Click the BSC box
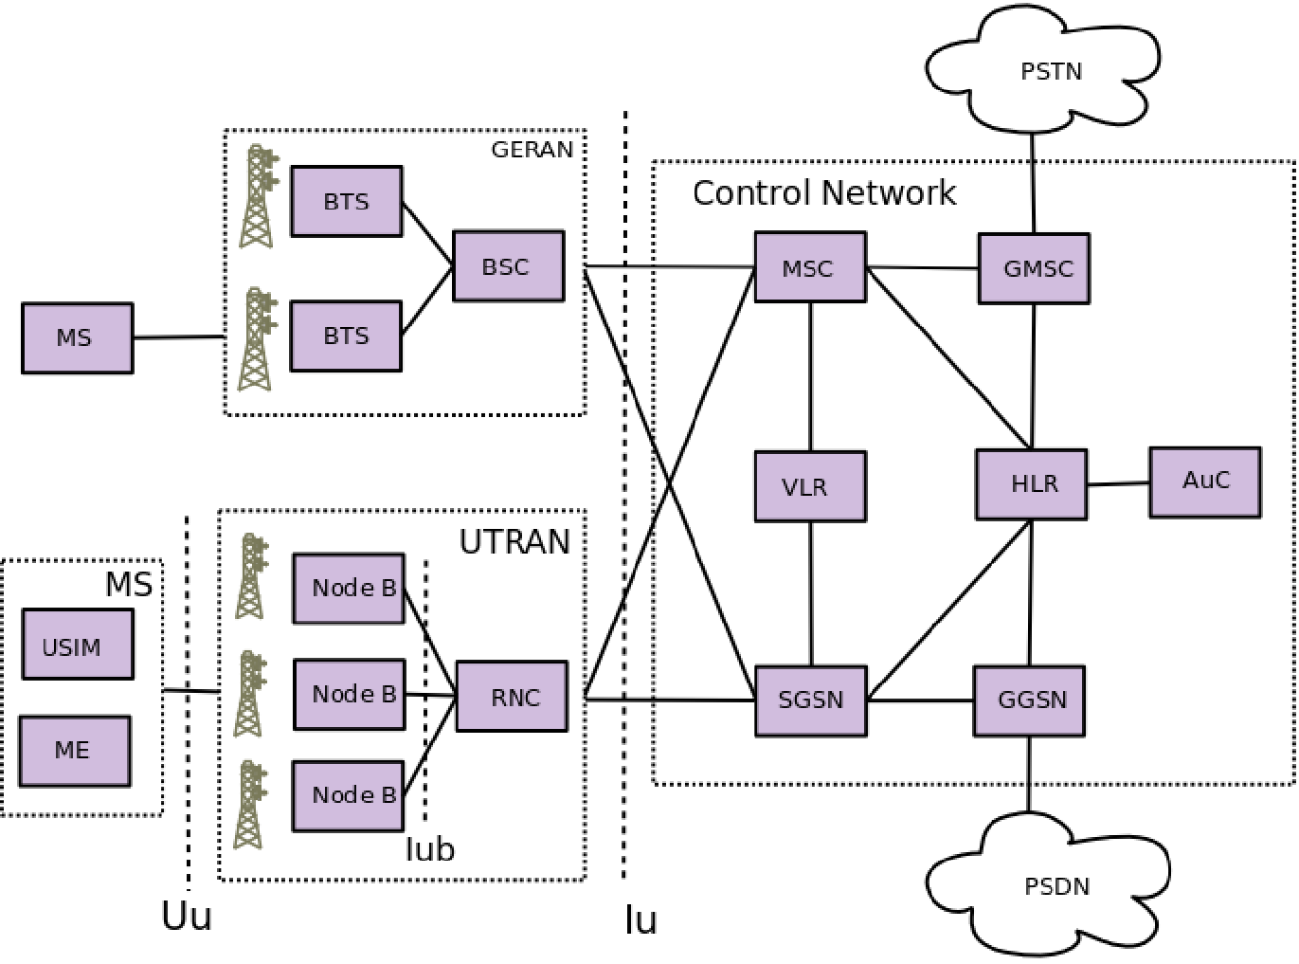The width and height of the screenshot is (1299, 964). pyautogui.click(x=508, y=266)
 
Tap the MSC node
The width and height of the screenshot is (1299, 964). pyautogui.click(x=809, y=268)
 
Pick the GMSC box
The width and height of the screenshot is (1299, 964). pyautogui.click(x=1034, y=268)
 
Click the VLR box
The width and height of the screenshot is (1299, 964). pyautogui.click(x=809, y=486)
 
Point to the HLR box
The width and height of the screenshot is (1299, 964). pyautogui.click(x=1032, y=484)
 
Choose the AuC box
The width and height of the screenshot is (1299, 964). pyautogui.click(x=1204, y=482)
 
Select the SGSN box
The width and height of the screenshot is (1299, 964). pyautogui.click(x=810, y=700)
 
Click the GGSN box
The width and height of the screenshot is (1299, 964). pyautogui.click(x=1030, y=700)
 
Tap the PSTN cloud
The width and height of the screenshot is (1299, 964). pyautogui.click(x=1049, y=71)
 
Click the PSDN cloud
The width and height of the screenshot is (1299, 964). pyautogui.click(x=1055, y=886)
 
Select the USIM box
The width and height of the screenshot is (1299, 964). pyautogui.click(x=77, y=646)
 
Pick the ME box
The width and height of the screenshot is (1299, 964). pyautogui.click(x=75, y=750)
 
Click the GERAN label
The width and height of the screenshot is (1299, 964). pyautogui.click(x=532, y=150)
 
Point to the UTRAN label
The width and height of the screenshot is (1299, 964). pyautogui.click(x=514, y=541)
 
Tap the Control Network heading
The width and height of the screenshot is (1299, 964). pyautogui.click(x=823, y=193)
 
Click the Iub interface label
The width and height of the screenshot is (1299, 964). pyautogui.click(x=429, y=849)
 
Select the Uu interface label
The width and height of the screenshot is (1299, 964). pyautogui.click(x=187, y=917)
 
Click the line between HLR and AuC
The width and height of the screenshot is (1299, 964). pyautogui.click(x=1118, y=483)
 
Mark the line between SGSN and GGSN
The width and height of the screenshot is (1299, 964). pyautogui.click(x=920, y=700)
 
